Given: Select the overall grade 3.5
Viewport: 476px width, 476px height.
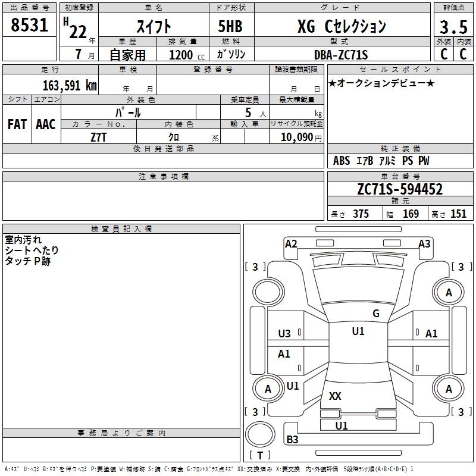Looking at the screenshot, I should [453, 27].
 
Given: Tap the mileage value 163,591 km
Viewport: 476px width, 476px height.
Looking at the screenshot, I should [70, 85].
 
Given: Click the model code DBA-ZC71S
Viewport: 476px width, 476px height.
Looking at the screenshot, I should [341, 55].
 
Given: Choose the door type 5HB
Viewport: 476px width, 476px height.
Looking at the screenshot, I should [231, 26].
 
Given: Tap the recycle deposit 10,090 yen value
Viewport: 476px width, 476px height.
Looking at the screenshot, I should [296, 137].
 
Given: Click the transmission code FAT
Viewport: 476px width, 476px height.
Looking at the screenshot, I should [17, 124].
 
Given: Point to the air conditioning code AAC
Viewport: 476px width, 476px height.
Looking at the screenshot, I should [45, 124].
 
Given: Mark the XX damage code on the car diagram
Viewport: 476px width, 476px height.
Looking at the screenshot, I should [335, 396].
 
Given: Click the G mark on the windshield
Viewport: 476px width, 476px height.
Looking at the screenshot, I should [375, 314].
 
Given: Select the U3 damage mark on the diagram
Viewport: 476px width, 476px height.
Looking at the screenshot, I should [284, 334].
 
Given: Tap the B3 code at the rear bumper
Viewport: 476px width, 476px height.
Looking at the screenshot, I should [292, 440].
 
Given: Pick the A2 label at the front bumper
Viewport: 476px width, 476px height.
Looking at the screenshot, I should [291, 243].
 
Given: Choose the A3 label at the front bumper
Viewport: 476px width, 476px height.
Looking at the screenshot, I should [424, 243].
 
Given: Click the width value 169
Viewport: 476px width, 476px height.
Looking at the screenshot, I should [411, 214].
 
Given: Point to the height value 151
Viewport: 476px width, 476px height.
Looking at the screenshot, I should [458, 214].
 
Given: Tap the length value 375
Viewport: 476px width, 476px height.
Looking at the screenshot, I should [361, 214].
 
